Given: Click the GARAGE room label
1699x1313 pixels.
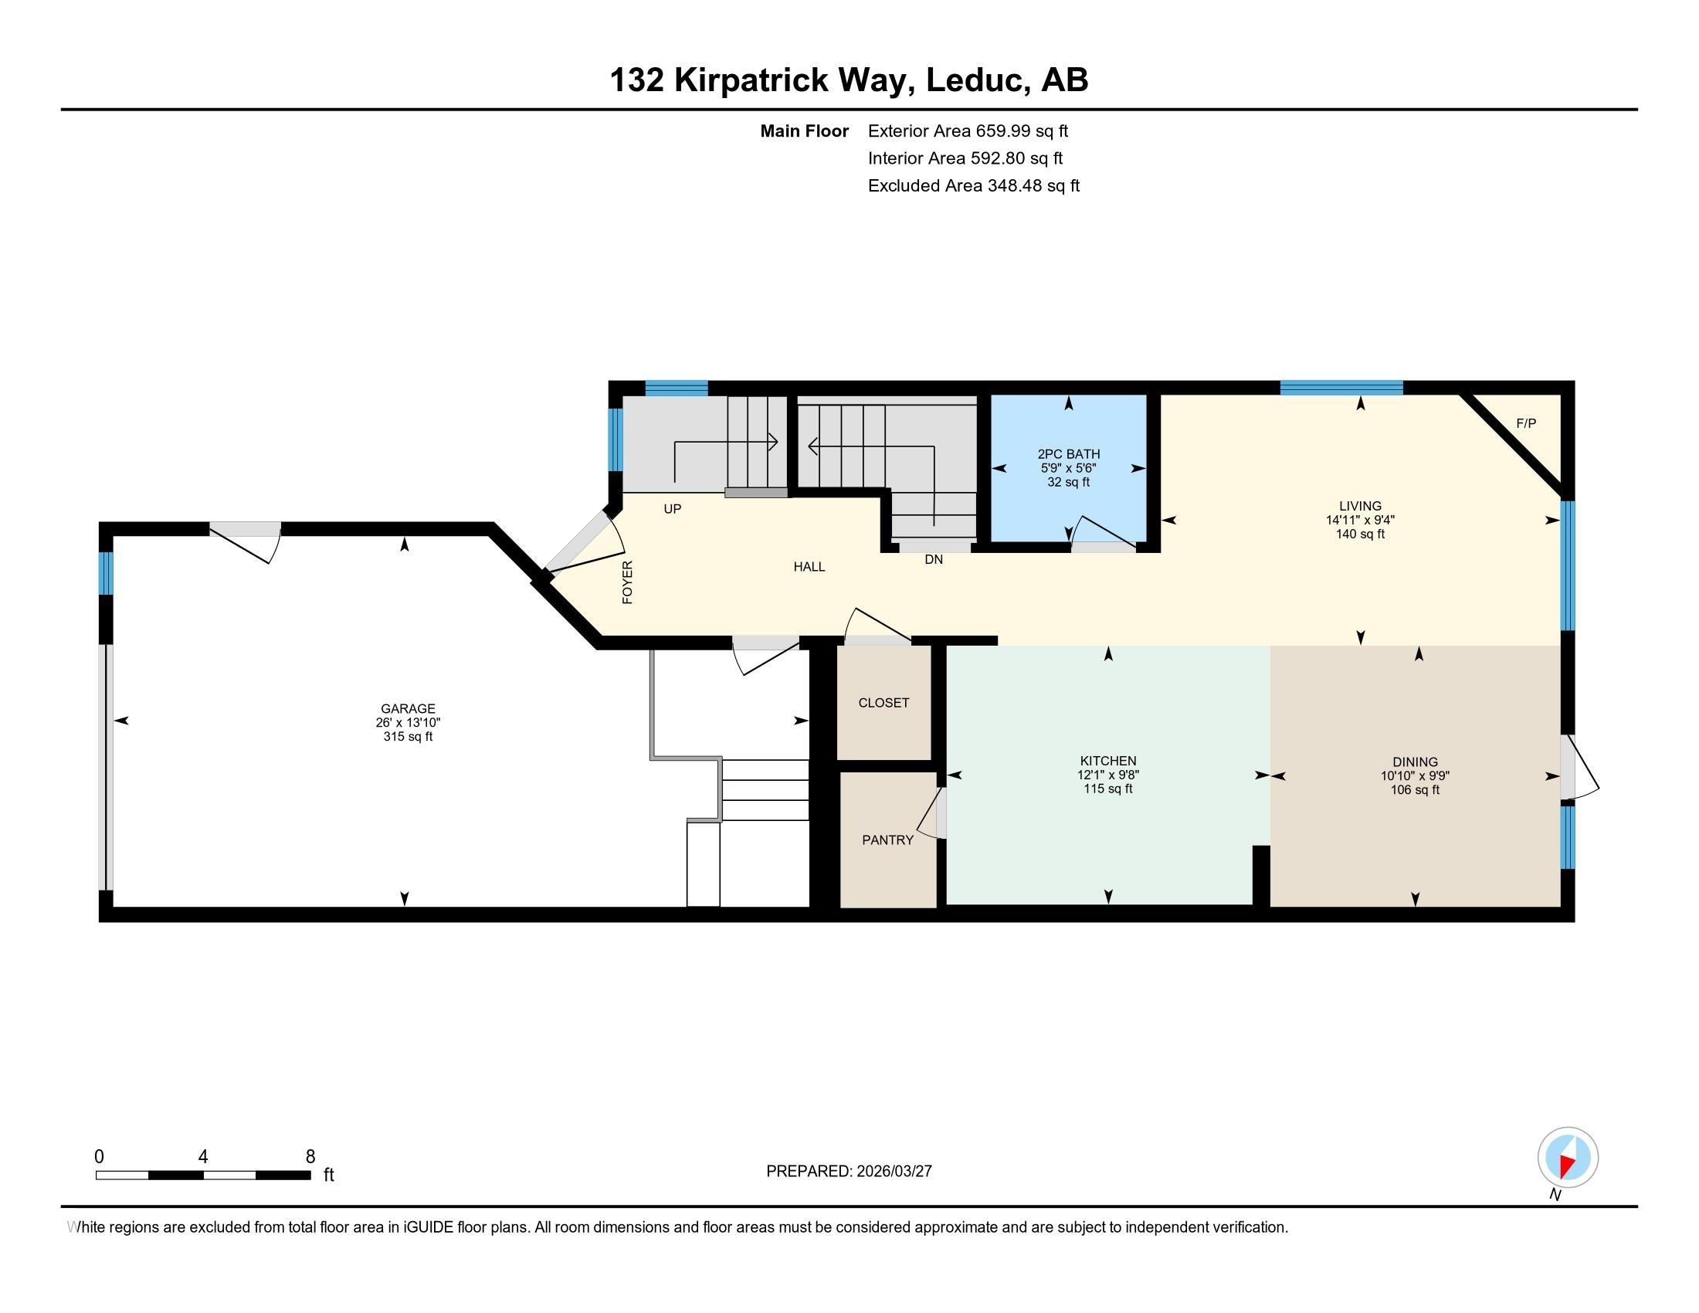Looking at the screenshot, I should tap(408, 708).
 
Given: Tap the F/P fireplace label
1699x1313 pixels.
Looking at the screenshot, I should tap(1525, 424).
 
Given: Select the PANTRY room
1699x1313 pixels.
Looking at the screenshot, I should tap(887, 840).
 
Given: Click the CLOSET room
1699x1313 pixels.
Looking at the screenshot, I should tap(883, 702).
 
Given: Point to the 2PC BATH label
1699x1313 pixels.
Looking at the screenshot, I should tap(1068, 454).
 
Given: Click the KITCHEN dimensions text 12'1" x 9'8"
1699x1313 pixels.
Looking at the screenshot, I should tap(1107, 775).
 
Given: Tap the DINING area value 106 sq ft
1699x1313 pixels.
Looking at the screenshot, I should tap(1415, 789).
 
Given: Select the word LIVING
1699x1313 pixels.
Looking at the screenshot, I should tap(1360, 507).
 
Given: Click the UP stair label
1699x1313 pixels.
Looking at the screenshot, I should tap(672, 510).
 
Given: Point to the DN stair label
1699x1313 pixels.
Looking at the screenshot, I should tap(934, 559).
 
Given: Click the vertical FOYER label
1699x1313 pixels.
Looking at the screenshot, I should tap(628, 582).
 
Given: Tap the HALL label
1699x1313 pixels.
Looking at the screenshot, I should tap(809, 567).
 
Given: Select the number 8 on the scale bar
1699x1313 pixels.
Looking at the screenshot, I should tap(310, 1157).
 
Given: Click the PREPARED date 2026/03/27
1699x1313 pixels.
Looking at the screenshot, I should tap(893, 1172).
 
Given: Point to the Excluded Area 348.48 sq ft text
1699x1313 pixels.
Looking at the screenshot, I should tap(973, 186).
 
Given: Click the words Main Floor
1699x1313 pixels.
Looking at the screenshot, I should tap(804, 131).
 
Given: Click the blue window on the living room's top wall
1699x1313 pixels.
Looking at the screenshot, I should tap(1341, 388).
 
